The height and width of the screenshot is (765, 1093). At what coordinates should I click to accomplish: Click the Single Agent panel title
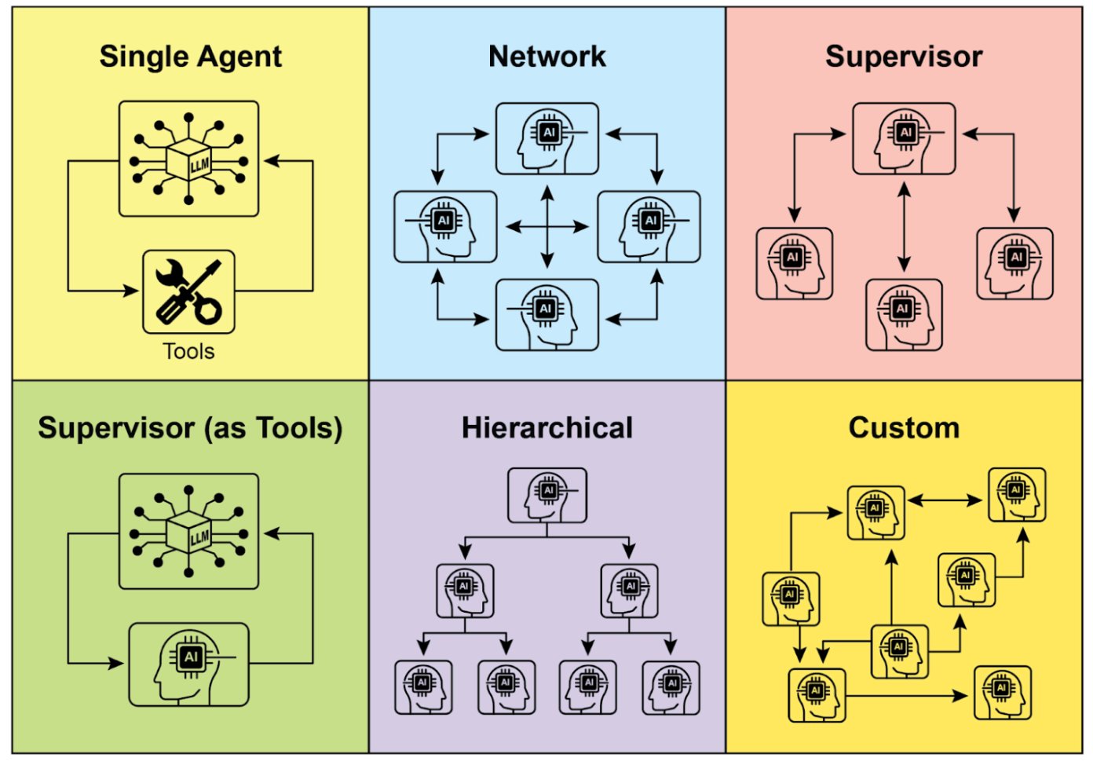190,57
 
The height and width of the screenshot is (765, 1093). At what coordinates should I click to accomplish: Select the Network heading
547,57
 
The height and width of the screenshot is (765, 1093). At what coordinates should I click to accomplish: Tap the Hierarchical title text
547,428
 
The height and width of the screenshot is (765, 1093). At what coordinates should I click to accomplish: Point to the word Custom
904,428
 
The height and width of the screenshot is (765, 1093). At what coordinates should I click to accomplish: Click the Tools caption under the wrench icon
188,351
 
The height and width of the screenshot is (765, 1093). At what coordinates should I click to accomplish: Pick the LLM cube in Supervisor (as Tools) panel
188,532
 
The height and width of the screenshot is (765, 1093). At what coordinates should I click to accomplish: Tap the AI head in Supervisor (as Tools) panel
188,664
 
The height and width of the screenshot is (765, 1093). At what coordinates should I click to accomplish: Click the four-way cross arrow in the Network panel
547,227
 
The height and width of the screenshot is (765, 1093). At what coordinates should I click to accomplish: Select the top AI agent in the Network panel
547,139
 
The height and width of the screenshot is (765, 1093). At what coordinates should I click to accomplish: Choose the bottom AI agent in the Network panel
547,315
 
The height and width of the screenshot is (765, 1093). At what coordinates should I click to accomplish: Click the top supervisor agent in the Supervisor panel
904,139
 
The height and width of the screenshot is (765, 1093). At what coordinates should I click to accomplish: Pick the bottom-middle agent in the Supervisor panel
904,315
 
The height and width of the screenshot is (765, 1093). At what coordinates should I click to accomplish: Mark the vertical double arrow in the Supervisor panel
905,227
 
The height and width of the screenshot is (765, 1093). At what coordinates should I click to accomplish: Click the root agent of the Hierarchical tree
547,496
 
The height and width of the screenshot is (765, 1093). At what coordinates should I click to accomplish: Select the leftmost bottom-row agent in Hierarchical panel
423,687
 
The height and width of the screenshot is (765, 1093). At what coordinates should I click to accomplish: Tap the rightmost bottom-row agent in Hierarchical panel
671,687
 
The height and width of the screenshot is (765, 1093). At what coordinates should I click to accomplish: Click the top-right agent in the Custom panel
1017,495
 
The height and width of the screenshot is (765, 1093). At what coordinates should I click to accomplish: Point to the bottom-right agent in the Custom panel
1003,693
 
